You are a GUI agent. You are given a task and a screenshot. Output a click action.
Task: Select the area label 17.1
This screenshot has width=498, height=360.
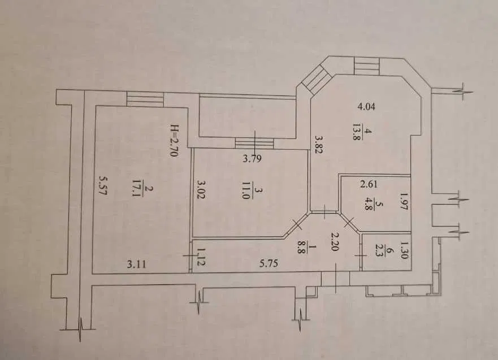coord(137,189)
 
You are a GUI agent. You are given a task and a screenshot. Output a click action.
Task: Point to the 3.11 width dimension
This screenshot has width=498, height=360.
coord(137,264)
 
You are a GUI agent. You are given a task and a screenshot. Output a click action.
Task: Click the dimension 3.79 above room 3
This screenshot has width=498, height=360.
coord(252,158)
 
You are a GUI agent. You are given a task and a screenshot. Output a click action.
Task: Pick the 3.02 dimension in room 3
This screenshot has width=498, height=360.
coord(202,189)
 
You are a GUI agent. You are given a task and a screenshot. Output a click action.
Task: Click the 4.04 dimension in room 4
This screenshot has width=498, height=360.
coord(366,106)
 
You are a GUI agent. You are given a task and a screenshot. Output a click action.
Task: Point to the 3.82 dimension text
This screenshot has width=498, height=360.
coord(319,145)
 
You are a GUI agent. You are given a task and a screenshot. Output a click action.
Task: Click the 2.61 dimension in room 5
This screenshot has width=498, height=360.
coord(369,184)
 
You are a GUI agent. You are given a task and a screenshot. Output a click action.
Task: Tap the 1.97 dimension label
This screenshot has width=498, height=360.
coord(404,202)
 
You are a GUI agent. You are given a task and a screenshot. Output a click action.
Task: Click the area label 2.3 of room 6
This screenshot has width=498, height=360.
coord(379,250)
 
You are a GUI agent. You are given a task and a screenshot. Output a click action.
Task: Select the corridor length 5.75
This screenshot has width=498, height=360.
coord(269,263)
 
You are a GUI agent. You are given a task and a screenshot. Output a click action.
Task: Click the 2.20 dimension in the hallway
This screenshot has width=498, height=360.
coord(334,241)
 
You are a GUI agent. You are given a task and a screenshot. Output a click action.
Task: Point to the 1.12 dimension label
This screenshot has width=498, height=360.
coord(201,257)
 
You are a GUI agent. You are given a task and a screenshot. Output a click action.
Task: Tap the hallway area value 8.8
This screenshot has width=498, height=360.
coord(301,246)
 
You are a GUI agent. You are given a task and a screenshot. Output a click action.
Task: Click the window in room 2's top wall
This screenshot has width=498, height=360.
coord(145,99)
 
